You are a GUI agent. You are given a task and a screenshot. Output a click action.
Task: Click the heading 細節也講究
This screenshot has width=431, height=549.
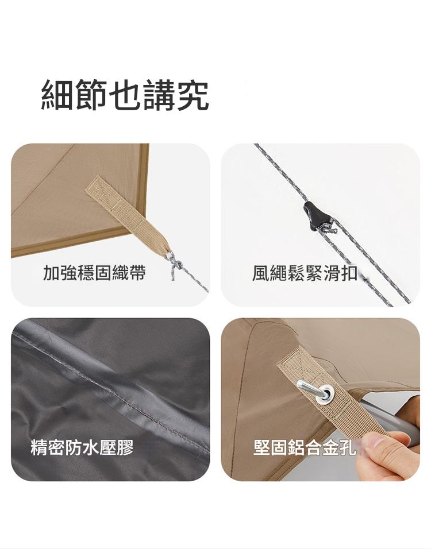(x=125, y=95)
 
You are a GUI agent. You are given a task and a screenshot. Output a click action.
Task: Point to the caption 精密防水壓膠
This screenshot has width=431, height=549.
(x=82, y=447)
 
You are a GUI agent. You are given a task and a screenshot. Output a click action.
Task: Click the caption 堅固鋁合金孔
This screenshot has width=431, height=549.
(x=305, y=447)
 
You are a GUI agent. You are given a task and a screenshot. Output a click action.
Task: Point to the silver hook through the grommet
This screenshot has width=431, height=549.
(x=313, y=390)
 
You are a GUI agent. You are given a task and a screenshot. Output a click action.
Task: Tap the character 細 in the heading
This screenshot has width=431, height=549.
(x=57, y=95)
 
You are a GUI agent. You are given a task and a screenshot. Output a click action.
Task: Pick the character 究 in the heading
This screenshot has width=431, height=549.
(x=193, y=95)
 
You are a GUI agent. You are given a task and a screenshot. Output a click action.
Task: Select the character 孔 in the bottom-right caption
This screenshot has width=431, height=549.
(x=348, y=447)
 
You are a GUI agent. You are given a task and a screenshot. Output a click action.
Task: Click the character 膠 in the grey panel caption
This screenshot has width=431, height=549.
(x=125, y=447)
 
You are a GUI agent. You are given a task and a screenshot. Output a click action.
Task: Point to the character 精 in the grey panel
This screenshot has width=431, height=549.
(x=39, y=447)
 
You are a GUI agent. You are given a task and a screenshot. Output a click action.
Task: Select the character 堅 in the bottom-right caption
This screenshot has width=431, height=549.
(x=262, y=447)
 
